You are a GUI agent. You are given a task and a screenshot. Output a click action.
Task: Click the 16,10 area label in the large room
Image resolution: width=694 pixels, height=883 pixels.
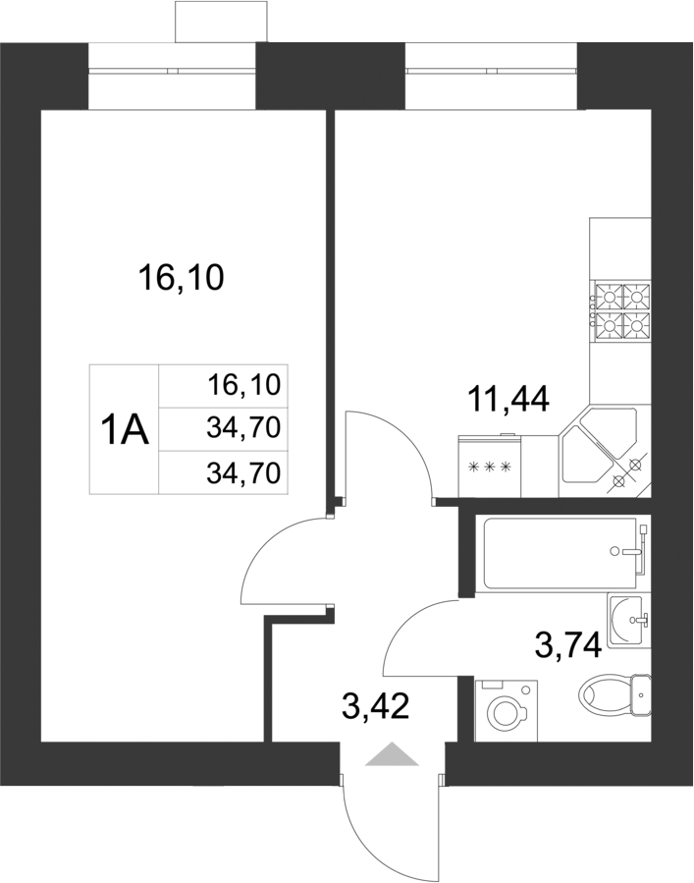tap(182, 279)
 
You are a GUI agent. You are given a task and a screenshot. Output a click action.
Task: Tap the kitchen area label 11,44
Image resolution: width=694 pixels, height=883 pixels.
tap(507, 400)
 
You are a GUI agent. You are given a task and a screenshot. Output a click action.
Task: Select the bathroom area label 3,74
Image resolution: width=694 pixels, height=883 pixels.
tap(566, 644)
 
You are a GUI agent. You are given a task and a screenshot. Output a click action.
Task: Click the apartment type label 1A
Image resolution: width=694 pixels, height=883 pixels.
tap(125, 429)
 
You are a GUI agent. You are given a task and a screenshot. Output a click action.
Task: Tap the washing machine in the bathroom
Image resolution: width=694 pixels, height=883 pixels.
tap(506, 710)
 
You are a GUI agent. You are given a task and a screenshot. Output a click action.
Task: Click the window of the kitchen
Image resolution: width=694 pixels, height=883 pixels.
tap(490, 71)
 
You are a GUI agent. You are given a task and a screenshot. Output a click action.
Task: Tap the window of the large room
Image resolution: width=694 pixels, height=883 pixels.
tap(172, 71)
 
